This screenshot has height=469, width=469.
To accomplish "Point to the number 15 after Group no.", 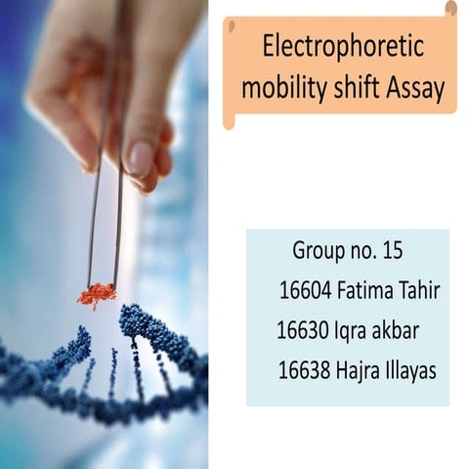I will tap(393, 250).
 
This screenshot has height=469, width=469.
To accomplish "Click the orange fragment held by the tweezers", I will tap(97, 293).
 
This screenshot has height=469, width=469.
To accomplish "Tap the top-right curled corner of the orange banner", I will tap(450, 9).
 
